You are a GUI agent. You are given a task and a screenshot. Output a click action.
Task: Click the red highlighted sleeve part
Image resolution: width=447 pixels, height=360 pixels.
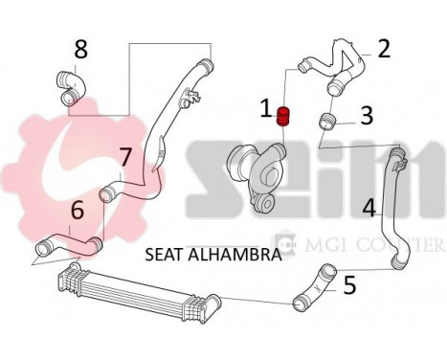(283, 118)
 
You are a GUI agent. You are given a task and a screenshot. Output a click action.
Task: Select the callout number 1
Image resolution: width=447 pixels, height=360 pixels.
(267, 110)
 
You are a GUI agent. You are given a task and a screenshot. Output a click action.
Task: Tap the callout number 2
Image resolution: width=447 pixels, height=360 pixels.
(384, 48)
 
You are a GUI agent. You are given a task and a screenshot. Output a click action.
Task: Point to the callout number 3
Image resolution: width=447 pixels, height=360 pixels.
(366, 116)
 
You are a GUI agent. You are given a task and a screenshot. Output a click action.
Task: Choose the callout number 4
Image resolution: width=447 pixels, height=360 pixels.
(369, 205)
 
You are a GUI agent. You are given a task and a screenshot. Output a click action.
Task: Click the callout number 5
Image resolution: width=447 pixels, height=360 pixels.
(349, 283)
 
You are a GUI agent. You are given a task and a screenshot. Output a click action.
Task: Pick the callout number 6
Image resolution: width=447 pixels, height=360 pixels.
(77, 208)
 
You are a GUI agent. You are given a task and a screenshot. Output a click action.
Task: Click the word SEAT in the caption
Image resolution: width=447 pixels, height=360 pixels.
(165, 255)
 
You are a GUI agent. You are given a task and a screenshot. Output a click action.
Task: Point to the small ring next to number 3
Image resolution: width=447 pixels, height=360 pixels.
(328, 121)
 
